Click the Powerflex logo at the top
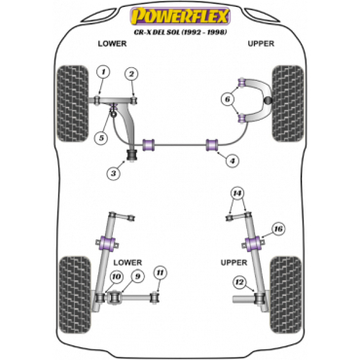tap(180, 17)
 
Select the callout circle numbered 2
tap(131, 74)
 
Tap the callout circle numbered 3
tap(114, 173)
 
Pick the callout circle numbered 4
tap(233, 161)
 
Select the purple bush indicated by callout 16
tap(254, 244)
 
